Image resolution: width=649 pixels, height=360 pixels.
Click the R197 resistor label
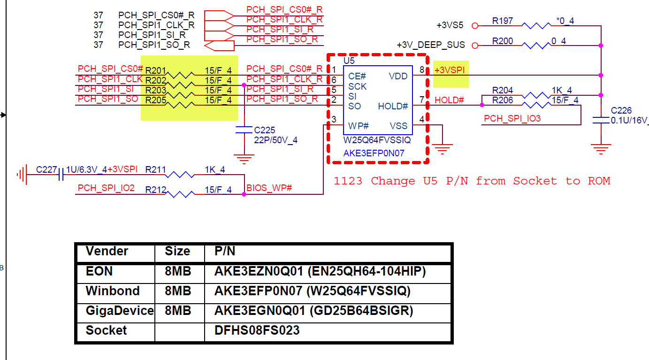click(x=502, y=21)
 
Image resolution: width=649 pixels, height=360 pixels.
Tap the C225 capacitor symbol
click(x=244, y=130)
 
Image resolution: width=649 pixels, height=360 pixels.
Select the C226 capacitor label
click(x=621, y=111)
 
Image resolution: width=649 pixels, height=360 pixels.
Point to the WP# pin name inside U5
click(x=359, y=126)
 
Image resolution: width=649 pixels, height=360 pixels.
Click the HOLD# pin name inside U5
click(x=393, y=107)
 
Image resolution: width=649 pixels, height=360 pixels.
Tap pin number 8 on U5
click(x=422, y=70)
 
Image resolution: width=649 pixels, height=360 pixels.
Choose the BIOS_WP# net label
click(x=269, y=188)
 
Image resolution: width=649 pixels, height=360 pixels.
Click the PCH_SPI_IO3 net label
click(x=512, y=118)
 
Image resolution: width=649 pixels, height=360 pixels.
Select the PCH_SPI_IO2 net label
click(x=106, y=188)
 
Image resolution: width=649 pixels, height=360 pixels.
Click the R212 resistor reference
click(x=155, y=190)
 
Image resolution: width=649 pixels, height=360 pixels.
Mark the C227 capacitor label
click(x=46, y=169)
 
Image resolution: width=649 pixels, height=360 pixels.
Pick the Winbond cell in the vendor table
click(x=113, y=291)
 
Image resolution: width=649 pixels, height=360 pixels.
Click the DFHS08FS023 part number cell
click(x=257, y=330)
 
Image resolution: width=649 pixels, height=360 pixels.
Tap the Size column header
click(x=177, y=251)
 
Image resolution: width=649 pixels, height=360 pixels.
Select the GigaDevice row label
click(x=119, y=311)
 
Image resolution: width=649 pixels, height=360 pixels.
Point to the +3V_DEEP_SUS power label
click(x=431, y=45)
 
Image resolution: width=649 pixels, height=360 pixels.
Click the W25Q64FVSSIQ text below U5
click(x=377, y=140)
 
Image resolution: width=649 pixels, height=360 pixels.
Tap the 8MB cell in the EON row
click(x=178, y=271)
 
